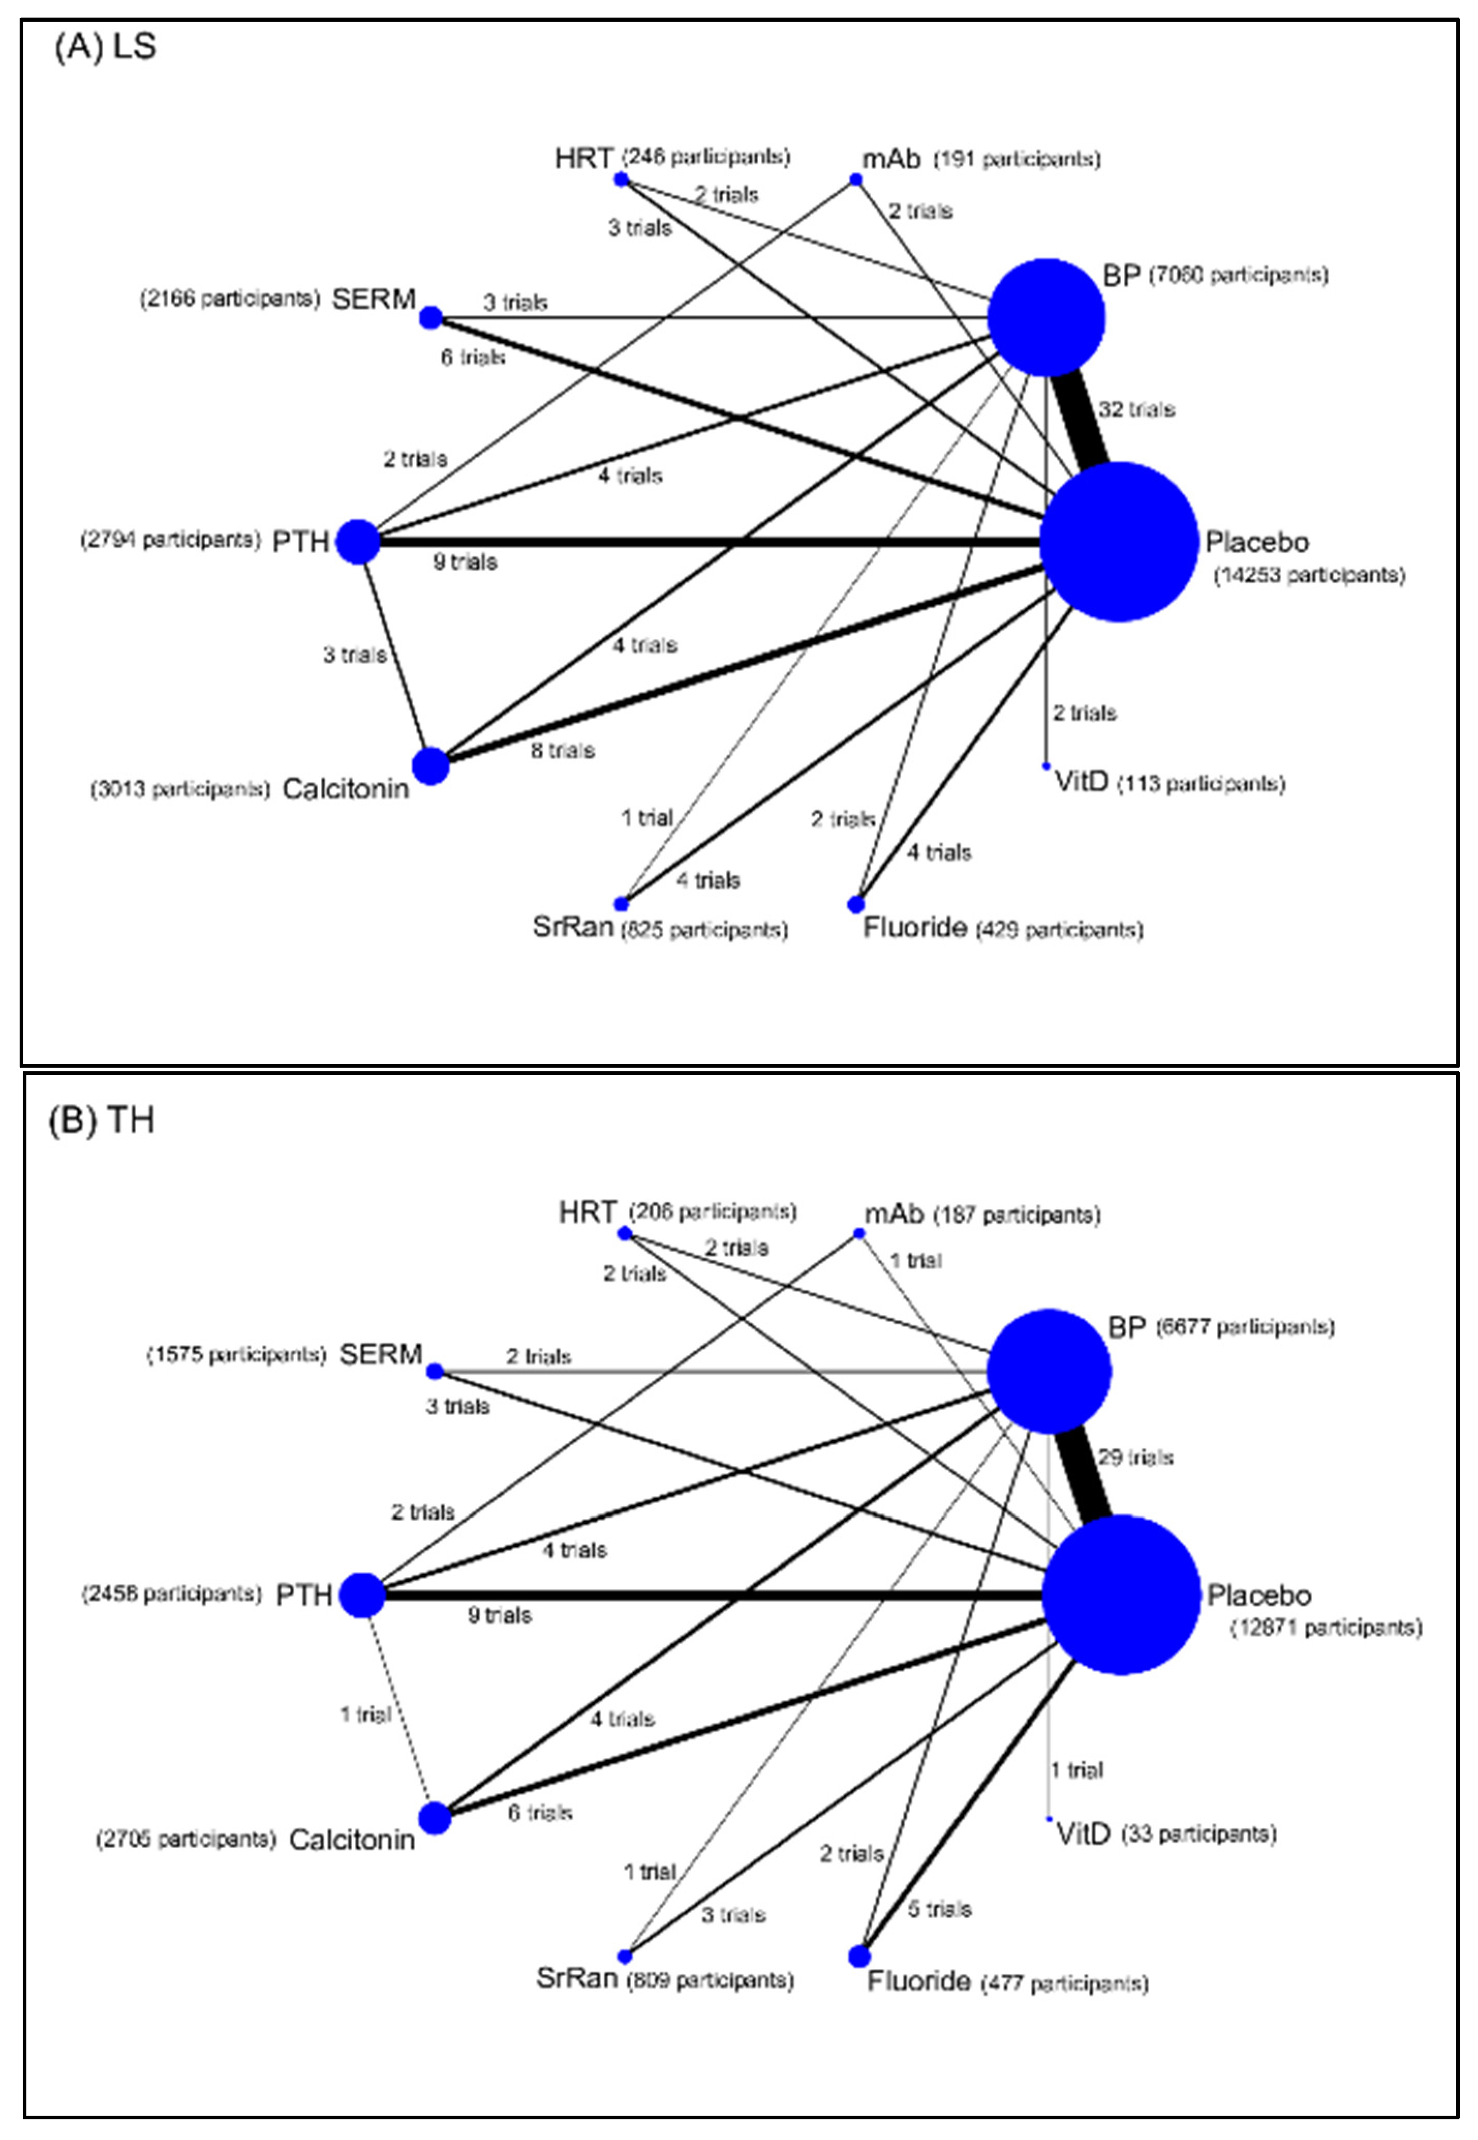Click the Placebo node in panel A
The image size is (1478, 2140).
coord(1119,542)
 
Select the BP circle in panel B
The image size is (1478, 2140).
coord(1049,1371)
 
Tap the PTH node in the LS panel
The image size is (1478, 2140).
coord(358,541)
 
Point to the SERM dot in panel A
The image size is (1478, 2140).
coord(430,318)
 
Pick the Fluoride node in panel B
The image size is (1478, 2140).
coord(858,1956)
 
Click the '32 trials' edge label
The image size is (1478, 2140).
coord(1136,409)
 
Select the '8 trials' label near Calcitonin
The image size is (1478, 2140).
coord(562,750)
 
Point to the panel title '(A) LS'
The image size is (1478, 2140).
coord(104,47)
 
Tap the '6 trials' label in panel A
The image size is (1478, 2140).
coord(472,357)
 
